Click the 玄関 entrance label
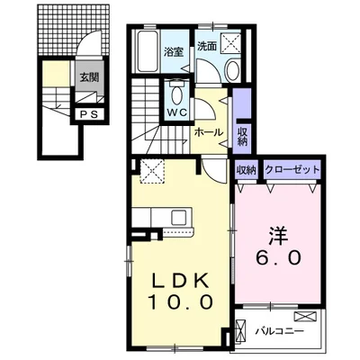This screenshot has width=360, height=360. click(89, 77)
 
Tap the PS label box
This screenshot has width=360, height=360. click(89, 114)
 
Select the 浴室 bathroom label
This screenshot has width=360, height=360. click(173, 51)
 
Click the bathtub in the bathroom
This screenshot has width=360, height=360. click(148, 51)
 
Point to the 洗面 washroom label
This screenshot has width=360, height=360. click(207, 46)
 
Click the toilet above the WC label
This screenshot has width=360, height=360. click(177, 93)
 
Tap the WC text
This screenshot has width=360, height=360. click(177, 112)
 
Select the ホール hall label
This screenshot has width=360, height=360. click(209, 132)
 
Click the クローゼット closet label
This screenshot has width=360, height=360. click(292, 170)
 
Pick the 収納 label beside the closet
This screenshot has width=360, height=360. click(247, 170)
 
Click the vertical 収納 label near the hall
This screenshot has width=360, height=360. click(242, 137)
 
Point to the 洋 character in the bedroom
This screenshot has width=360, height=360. click(278, 237)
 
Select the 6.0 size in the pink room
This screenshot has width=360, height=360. click(278, 257)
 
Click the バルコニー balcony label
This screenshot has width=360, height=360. click(280, 331)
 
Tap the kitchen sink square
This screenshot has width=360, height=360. click(179, 217)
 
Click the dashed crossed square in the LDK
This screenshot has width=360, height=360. click(152, 171)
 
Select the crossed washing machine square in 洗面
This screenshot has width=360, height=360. click(231, 43)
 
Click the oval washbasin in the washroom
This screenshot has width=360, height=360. click(232, 70)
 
